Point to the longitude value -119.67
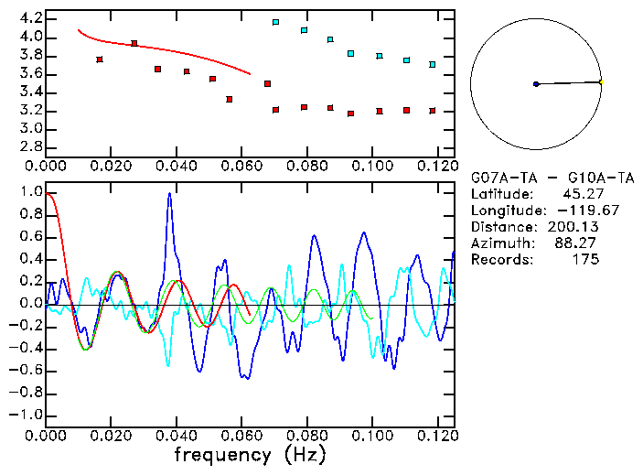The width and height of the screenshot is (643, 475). (571, 210)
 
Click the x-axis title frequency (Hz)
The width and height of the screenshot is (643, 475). (249, 455)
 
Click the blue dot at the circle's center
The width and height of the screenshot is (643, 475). (536, 84)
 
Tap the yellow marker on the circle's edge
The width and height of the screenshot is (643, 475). (601, 81)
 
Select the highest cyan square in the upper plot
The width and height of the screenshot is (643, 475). (276, 22)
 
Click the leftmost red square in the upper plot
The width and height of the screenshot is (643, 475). (100, 59)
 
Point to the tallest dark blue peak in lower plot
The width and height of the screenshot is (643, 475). (169, 195)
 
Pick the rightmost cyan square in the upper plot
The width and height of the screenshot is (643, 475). (433, 64)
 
